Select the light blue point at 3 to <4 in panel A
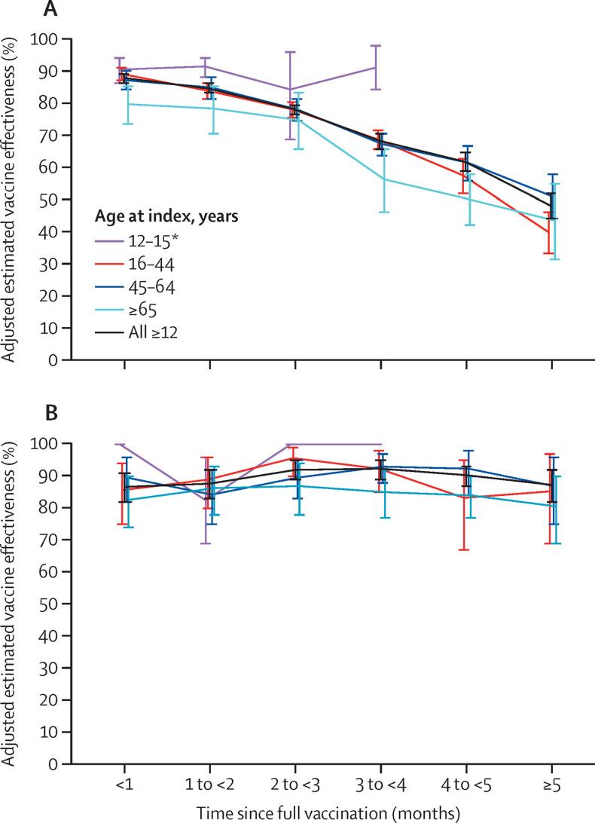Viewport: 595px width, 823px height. (x=381, y=179)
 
